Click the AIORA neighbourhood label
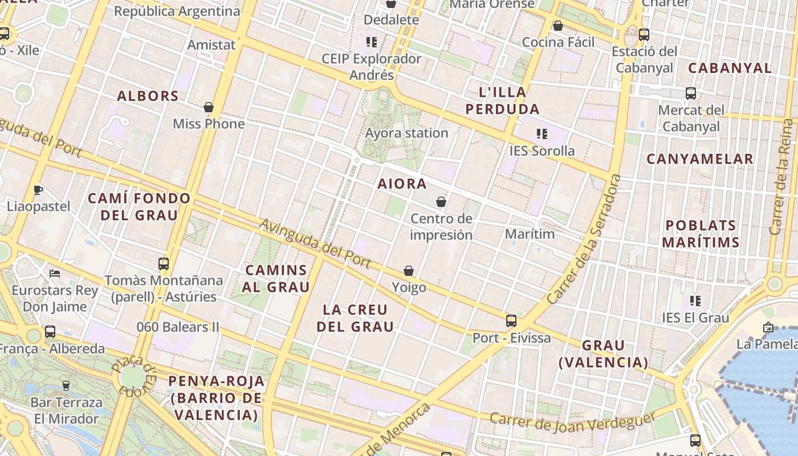[402, 184]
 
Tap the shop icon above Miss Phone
[209, 107]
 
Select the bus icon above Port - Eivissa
[511, 321]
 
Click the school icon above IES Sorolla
[541, 134]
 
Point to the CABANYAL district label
[730, 68]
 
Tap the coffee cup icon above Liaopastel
[38, 190]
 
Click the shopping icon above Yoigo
[409, 271]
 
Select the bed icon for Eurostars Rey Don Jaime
[55, 274]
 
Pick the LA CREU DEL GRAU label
[355, 318]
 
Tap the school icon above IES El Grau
[695, 300]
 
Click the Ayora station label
[406, 133]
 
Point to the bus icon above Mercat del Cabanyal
[691, 93]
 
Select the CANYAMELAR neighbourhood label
[699, 159]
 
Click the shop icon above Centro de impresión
[441, 202]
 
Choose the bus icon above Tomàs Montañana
[164, 264]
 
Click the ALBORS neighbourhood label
[148, 96]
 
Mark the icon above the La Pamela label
[768, 327]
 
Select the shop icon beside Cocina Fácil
[558, 26]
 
